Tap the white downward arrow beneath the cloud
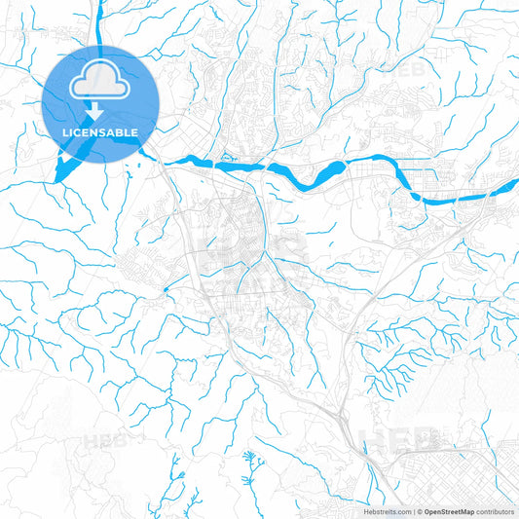[100, 108]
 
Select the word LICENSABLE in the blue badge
[100, 131]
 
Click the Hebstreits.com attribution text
[388, 510]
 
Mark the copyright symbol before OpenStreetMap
[420, 510]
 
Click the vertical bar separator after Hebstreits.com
[413, 510]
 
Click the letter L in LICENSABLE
[64, 131]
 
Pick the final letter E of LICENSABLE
[135, 131]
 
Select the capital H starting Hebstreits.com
[365, 510]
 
